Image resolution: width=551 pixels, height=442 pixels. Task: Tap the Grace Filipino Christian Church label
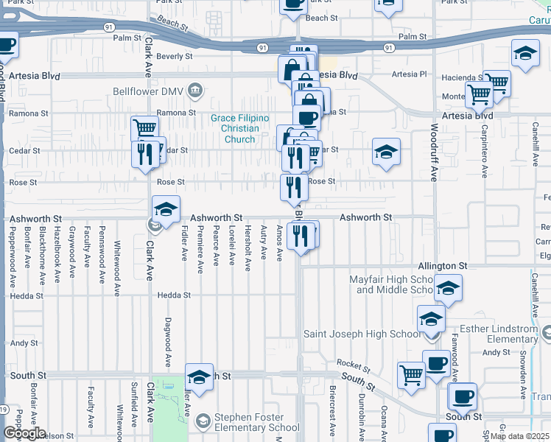(x=240, y=129)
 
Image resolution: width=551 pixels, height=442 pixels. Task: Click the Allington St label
(x=443, y=265)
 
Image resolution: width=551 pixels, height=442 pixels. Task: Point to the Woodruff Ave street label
(x=434, y=155)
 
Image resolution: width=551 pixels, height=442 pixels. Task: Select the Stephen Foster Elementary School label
(x=256, y=422)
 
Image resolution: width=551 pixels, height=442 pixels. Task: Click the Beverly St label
(x=174, y=56)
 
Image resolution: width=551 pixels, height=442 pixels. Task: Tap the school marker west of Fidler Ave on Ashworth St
(x=166, y=209)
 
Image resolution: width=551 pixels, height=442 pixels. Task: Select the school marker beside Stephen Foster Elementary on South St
(x=199, y=377)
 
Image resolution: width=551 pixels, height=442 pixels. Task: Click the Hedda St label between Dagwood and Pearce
(x=174, y=295)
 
